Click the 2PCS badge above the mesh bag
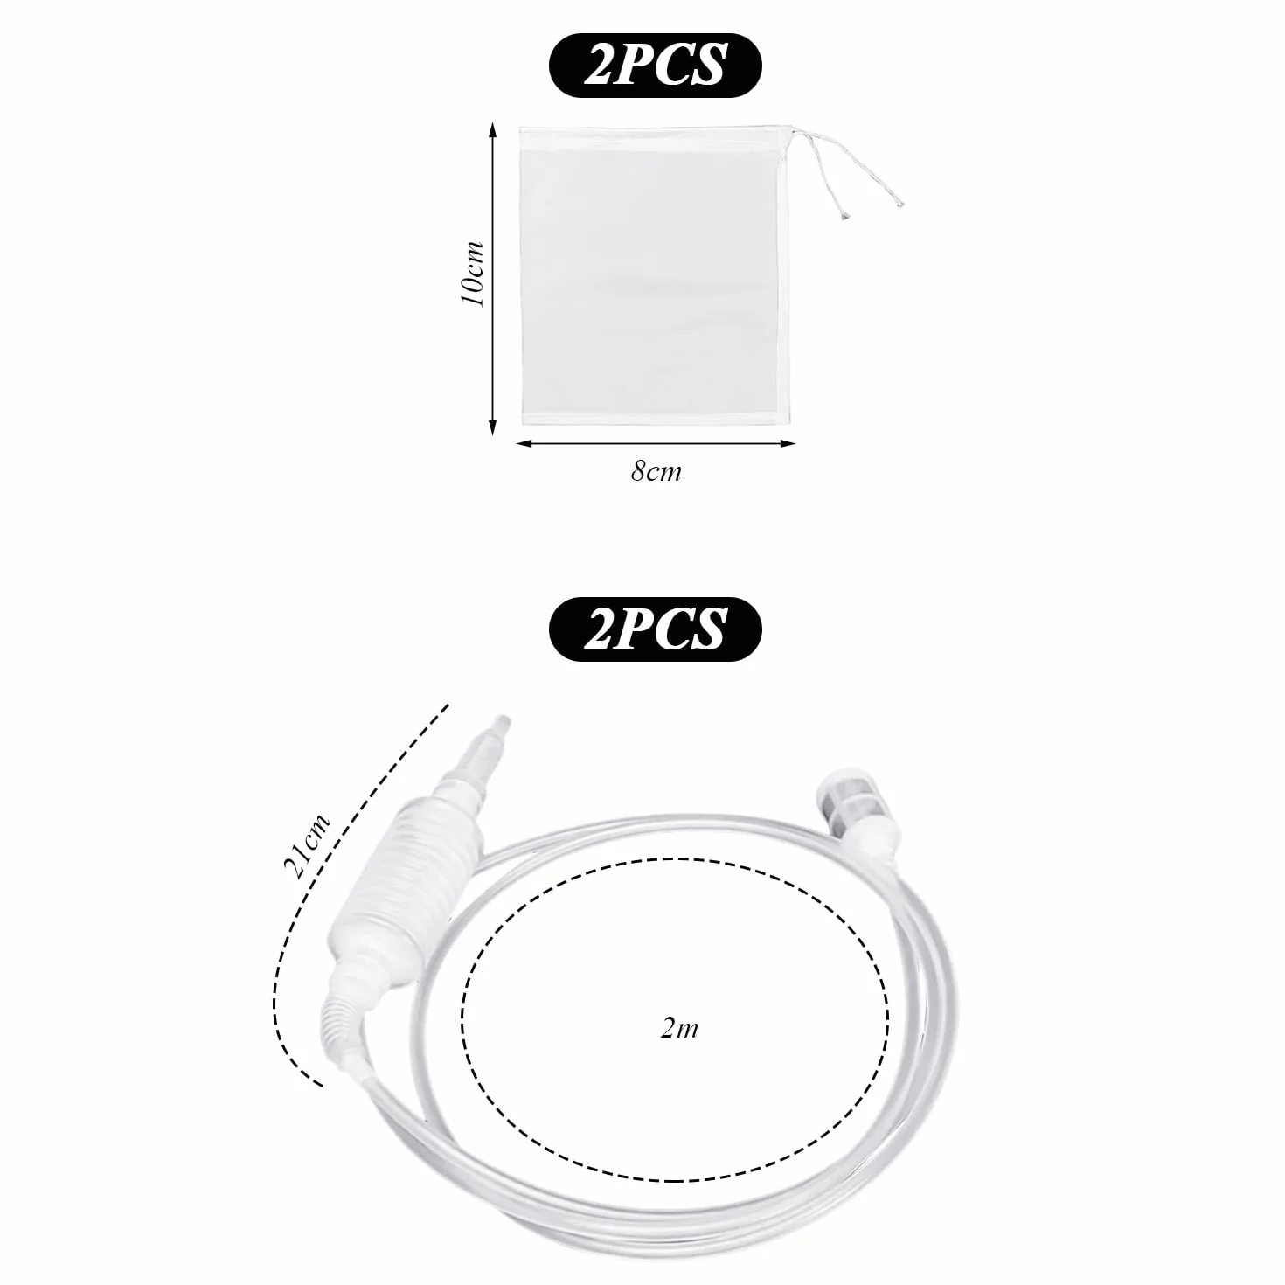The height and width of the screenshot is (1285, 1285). click(x=654, y=66)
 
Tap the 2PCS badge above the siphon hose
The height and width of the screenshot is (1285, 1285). click(x=654, y=629)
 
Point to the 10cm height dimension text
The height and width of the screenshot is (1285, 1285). click(x=473, y=274)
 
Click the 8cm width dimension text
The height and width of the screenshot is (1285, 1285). click(x=656, y=471)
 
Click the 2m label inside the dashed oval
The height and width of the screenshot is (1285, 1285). click(x=679, y=1028)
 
